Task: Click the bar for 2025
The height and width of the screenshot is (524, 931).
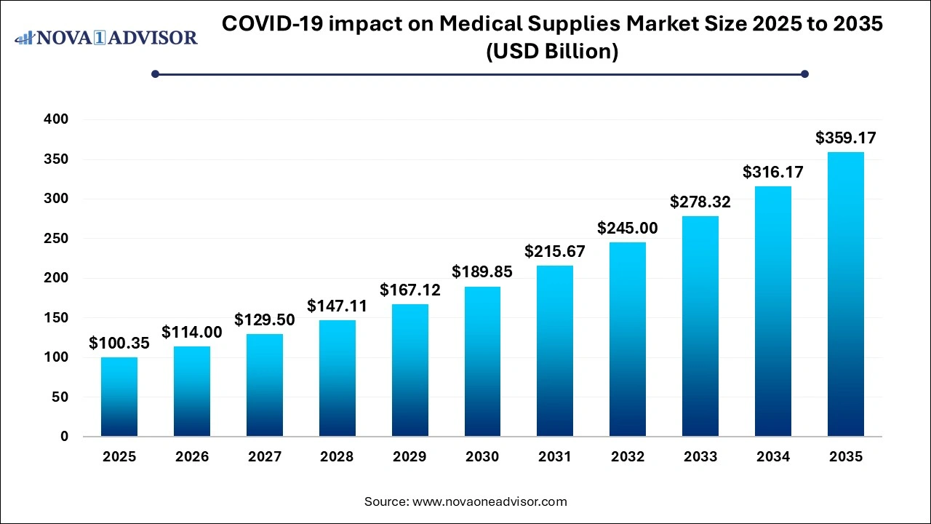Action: click(119, 397)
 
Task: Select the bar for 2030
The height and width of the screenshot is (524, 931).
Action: click(482, 362)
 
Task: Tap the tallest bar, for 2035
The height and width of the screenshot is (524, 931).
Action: click(845, 294)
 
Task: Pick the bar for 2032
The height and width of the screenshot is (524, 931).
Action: click(627, 339)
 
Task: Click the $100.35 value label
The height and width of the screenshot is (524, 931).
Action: click(119, 344)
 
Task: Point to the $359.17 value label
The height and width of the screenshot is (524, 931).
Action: click(845, 138)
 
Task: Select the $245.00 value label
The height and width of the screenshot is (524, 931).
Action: click(627, 229)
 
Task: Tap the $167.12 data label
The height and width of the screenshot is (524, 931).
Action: click(409, 290)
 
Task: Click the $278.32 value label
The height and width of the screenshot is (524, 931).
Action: click(700, 202)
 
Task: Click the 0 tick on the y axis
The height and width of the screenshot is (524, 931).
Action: click(64, 437)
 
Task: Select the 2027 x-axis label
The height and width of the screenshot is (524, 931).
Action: click(264, 457)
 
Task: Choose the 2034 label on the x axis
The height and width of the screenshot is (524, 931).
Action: click(772, 457)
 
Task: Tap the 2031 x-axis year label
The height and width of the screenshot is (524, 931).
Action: click(555, 457)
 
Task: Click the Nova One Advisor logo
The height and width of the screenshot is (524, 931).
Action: click(106, 37)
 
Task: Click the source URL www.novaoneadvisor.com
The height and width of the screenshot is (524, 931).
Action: click(490, 501)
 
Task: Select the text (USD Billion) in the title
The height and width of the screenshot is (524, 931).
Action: click(552, 52)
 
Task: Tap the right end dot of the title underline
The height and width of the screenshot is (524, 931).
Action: click(804, 74)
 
